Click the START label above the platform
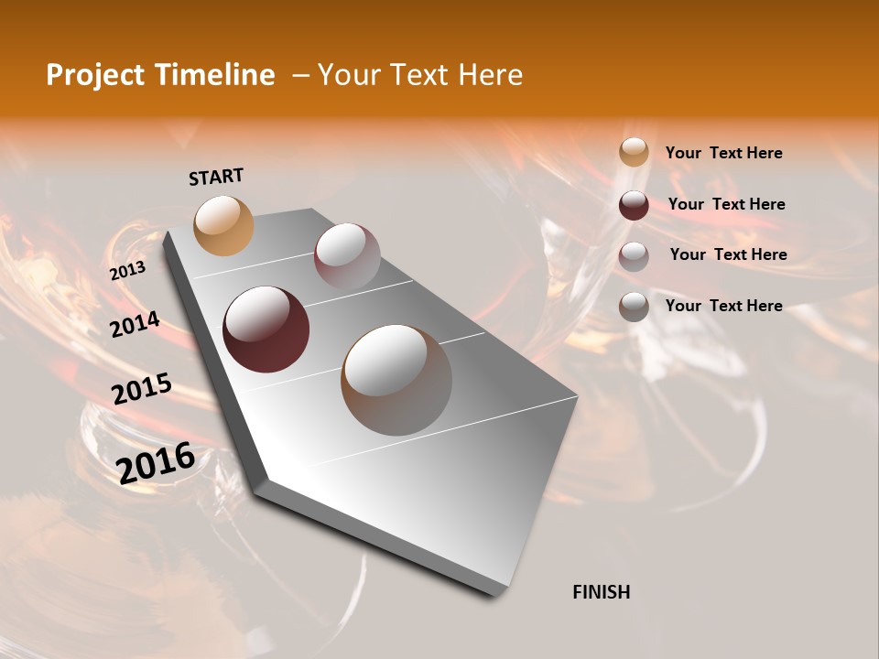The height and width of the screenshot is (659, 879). tap(216, 177)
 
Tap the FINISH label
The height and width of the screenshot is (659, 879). tap(601, 592)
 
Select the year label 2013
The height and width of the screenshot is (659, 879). tap(127, 271)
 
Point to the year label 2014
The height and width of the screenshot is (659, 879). tap(135, 325)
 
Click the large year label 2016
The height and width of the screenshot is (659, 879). tap(156, 463)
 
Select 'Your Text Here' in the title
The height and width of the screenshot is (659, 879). tap(420, 75)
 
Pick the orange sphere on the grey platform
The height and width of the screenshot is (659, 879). tap(223, 225)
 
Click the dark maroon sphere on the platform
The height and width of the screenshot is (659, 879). tap(266, 329)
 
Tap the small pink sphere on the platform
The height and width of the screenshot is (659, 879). tap(347, 256)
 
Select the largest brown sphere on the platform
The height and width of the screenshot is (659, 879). tap(396, 380)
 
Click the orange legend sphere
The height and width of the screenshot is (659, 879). tap(634, 153)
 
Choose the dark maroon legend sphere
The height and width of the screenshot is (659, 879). tap(634, 205)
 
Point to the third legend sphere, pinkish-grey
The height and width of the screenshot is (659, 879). tap(634, 255)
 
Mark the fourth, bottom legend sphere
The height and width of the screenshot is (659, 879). tap(634, 307)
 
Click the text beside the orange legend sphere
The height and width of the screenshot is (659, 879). tap(724, 153)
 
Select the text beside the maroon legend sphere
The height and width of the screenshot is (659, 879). tap(727, 204)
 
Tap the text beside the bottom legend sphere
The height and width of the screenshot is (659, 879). tap(724, 306)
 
